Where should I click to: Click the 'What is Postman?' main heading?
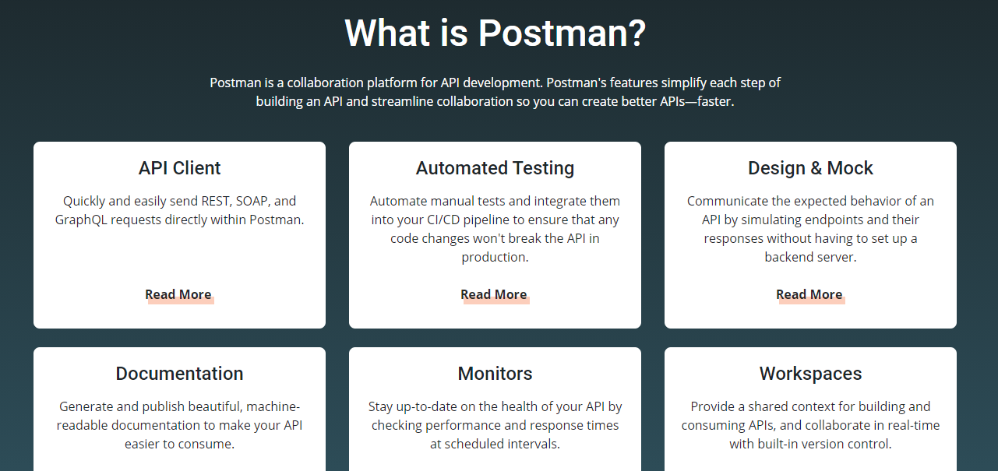point(495,33)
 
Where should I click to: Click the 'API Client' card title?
point(179,168)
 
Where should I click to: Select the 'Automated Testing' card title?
point(495,169)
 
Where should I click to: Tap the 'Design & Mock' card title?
point(810,169)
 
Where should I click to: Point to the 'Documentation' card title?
point(179,374)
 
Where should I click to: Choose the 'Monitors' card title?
point(495,374)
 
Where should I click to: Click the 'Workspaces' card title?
point(810,374)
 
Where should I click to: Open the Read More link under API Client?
point(178,295)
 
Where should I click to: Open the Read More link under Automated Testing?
point(494,295)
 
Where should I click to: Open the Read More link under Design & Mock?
point(809,295)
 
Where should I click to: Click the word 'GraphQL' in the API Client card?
point(81,220)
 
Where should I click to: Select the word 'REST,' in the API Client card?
point(217,201)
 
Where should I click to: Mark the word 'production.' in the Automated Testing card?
point(495,258)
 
